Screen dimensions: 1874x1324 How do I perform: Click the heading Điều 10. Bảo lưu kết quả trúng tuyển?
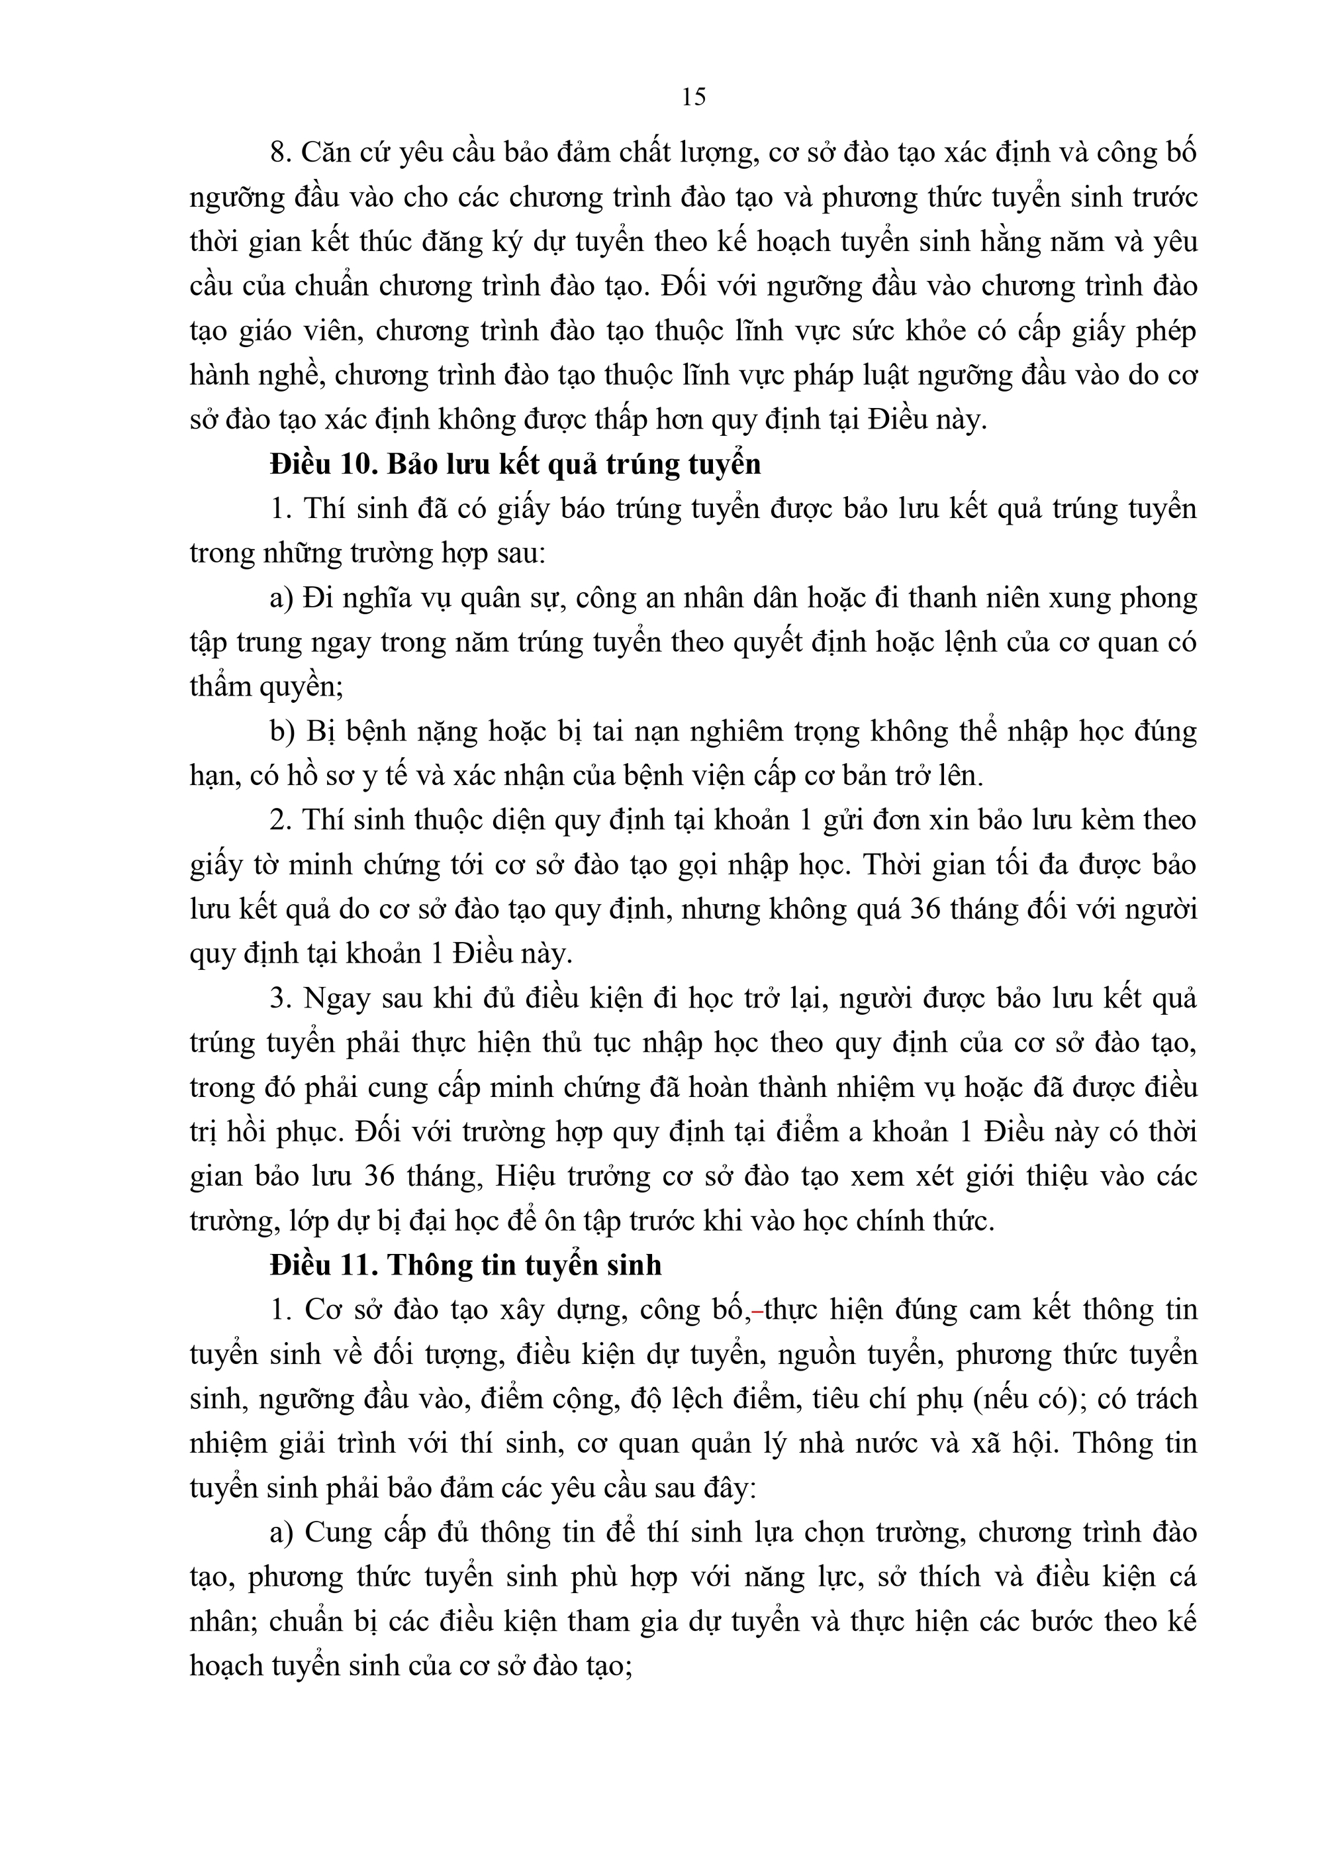click(515, 464)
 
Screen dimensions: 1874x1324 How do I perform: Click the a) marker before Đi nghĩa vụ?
click(281, 598)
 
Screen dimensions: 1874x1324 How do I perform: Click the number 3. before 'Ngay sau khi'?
click(281, 998)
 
